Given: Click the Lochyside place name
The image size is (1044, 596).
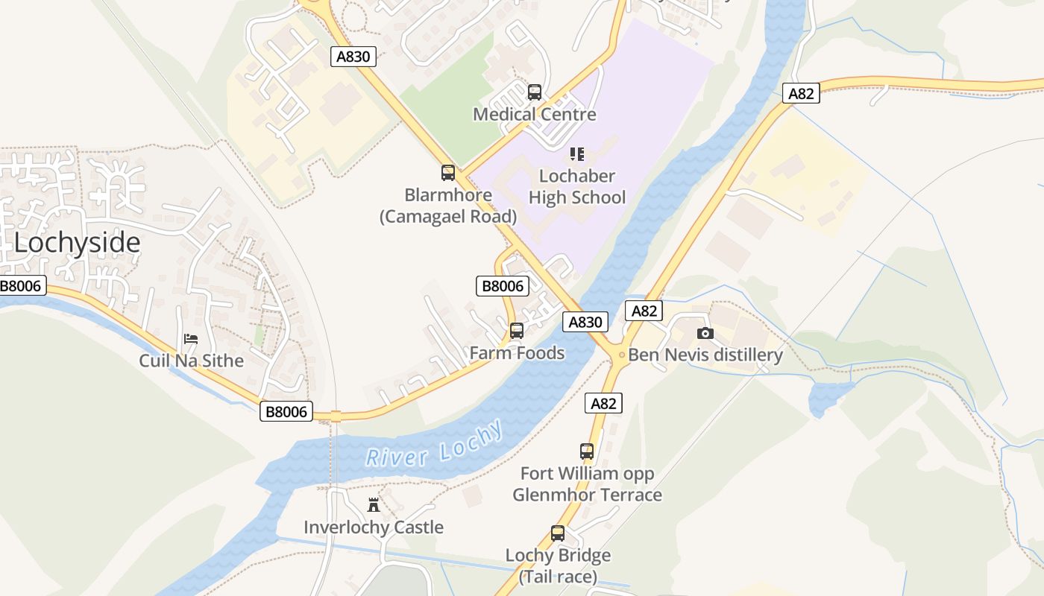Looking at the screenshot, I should [x=77, y=243].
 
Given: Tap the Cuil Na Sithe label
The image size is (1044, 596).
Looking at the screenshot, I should [x=192, y=361].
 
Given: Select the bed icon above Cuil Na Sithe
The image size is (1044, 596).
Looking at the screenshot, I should [x=191, y=339].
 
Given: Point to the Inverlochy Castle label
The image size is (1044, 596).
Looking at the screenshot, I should [x=374, y=527].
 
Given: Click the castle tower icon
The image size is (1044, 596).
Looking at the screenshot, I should [x=374, y=505].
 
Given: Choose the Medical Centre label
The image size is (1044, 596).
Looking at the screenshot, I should [x=535, y=114].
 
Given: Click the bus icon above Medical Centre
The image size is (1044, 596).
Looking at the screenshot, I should [x=535, y=92].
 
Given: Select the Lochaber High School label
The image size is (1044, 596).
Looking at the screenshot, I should [x=577, y=186].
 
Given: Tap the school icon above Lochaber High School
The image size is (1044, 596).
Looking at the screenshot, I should [x=576, y=154].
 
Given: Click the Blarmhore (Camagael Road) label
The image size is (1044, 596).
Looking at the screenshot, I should [x=448, y=206].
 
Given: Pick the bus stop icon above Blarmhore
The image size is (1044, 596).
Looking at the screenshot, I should [x=448, y=173].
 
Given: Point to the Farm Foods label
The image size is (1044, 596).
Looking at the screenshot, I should [x=517, y=352].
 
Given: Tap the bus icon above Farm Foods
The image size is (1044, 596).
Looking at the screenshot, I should [x=517, y=330].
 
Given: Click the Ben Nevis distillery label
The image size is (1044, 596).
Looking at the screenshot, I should [x=705, y=355].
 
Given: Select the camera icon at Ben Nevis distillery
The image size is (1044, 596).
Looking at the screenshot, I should [x=705, y=333].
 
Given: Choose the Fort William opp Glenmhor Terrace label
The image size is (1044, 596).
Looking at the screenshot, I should [x=587, y=484].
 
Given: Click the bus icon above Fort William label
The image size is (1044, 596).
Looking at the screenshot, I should [x=587, y=451].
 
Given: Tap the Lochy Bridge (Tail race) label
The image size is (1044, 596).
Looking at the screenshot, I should [x=558, y=566].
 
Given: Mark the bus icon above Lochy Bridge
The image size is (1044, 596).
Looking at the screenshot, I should [x=558, y=533].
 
